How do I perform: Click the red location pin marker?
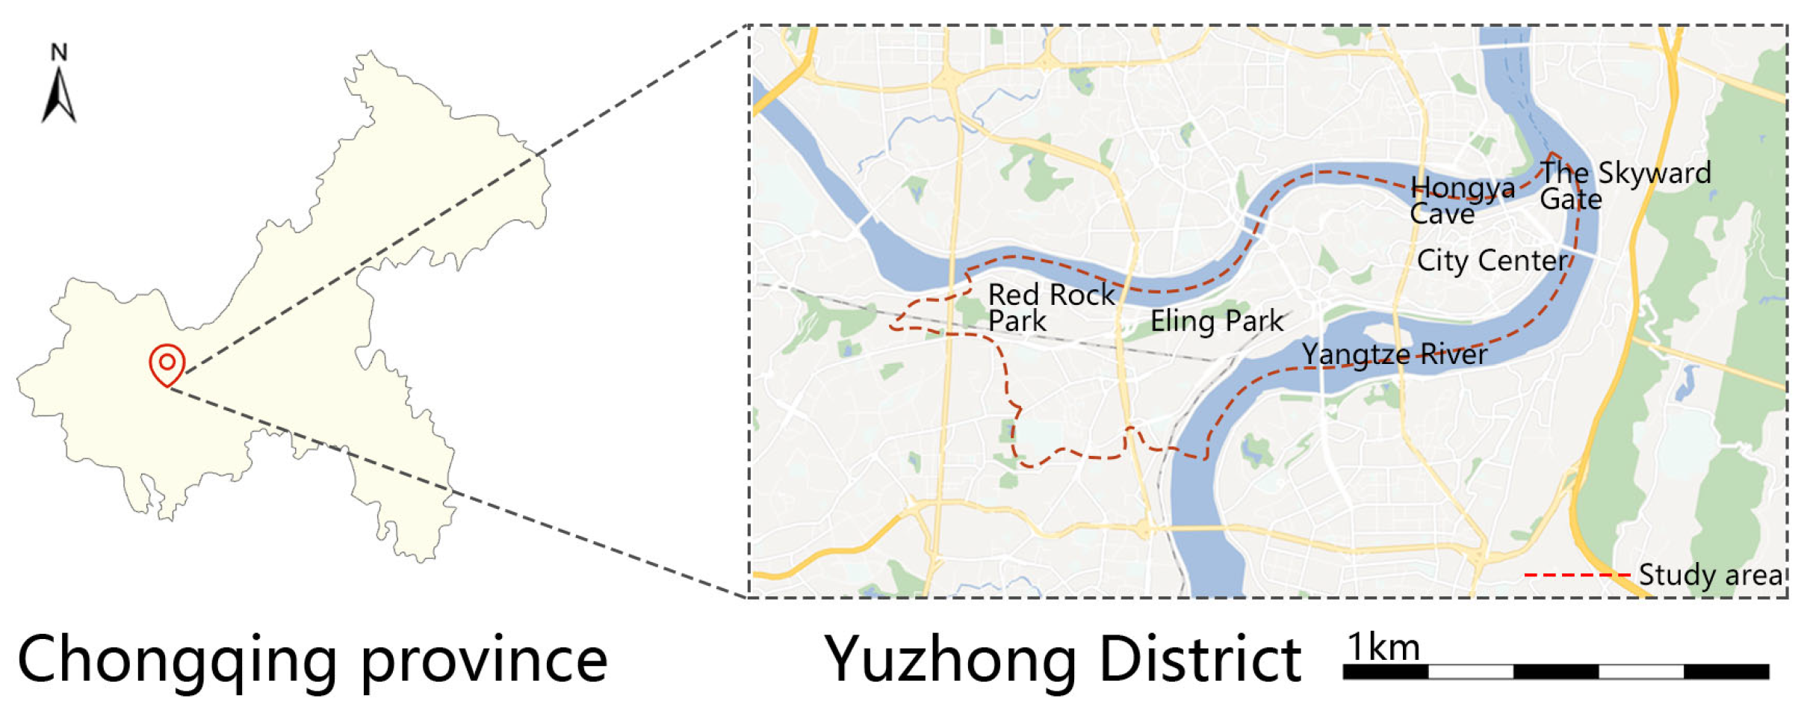click(x=167, y=364)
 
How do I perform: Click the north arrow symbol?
click(x=58, y=96)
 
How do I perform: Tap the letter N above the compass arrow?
click(x=59, y=52)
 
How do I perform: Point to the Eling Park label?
click(x=1216, y=321)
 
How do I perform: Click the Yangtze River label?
click(x=1394, y=354)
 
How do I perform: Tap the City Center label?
click(x=1492, y=261)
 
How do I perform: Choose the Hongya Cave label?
click(x=1462, y=200)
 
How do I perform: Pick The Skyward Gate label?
click(x=1625, y=185)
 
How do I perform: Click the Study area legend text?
click(x=1710, y=575)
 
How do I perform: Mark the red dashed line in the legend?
click(x=1577, y=575)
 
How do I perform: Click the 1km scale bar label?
click(x=1383, y=647)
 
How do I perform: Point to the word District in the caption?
click(x=1200, y=658)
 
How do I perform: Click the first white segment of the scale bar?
click(x=1470, y=671)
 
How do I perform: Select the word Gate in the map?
click(x=1571, y=200)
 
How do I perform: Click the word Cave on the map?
click(x=1442, y=215)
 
